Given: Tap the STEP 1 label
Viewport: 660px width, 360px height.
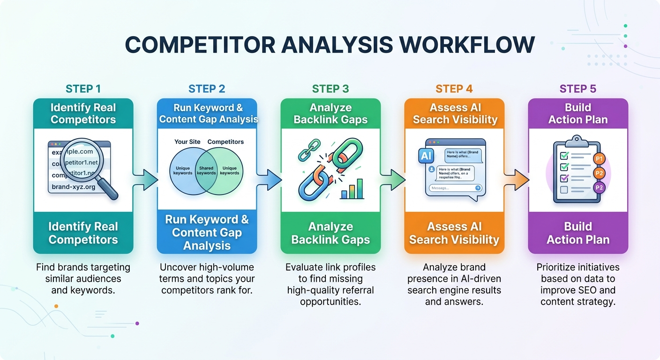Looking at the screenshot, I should click(x=83, y=89).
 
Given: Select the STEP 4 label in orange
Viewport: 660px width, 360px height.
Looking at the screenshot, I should click(x=454, y=89).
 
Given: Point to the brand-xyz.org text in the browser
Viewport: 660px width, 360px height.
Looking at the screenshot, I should click(x=74, y=187).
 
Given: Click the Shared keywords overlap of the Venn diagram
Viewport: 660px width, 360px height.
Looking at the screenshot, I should click(x=206, y=171).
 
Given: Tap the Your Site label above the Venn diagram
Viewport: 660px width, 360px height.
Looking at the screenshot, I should click(x=187, y=142).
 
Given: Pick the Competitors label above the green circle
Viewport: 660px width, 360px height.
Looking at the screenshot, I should click(x=225, y=142).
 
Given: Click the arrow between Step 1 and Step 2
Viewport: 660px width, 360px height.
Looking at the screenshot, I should click(x=146, y=180).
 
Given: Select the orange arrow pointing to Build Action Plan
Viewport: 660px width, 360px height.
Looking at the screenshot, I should click(x=517, y=180).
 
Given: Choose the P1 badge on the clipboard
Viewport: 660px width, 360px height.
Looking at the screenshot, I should click(x=599, y=159).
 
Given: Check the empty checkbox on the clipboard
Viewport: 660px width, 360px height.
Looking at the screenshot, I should click(x=564, y=190).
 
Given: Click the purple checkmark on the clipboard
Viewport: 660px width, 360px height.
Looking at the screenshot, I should click(x=565, y=178).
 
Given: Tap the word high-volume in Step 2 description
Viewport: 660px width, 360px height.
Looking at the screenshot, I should click(x=230, y=267).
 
